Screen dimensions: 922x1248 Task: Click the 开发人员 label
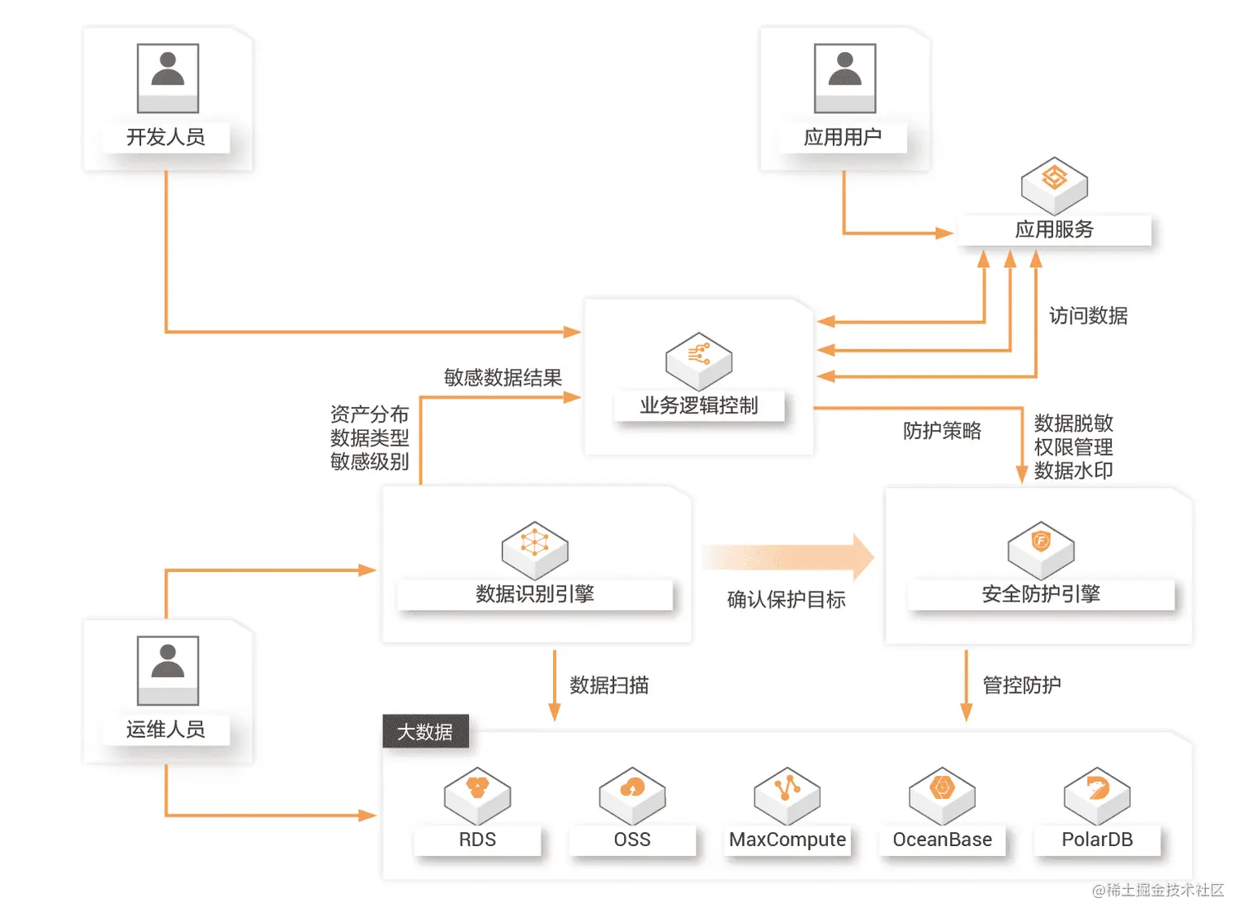pyautogui.click(x=166, y=137)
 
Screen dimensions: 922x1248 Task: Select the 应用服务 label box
pyautogui.click(x=1054, y=229)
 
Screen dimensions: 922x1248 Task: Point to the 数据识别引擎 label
pyautogui.click(x=535, y=593)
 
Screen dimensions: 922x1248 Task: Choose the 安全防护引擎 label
pyautogui.click(x=1041, y=593)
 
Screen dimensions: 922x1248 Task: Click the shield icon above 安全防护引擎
pyautogui.click(x=1041, y=547)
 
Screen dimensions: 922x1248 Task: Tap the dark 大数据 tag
pyautogui.click(x=425, y=732)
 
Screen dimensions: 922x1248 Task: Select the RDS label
pyautogui.click(x=477, y=839)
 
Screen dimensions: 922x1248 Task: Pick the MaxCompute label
pyautogui.click(x=787, y=839)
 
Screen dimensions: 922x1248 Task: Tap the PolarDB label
pyautogui.click(x=1097, y=839)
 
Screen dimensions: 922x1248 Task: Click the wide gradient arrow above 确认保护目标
pyautogui.click(x=787, y=557)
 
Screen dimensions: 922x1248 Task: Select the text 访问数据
pyautogui.click(x=1088, y=316)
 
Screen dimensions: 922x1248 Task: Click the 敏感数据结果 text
pyautogui.click(x=503, y=378)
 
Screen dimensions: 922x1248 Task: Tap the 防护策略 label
pyautogui.click(x=942, y=431)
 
